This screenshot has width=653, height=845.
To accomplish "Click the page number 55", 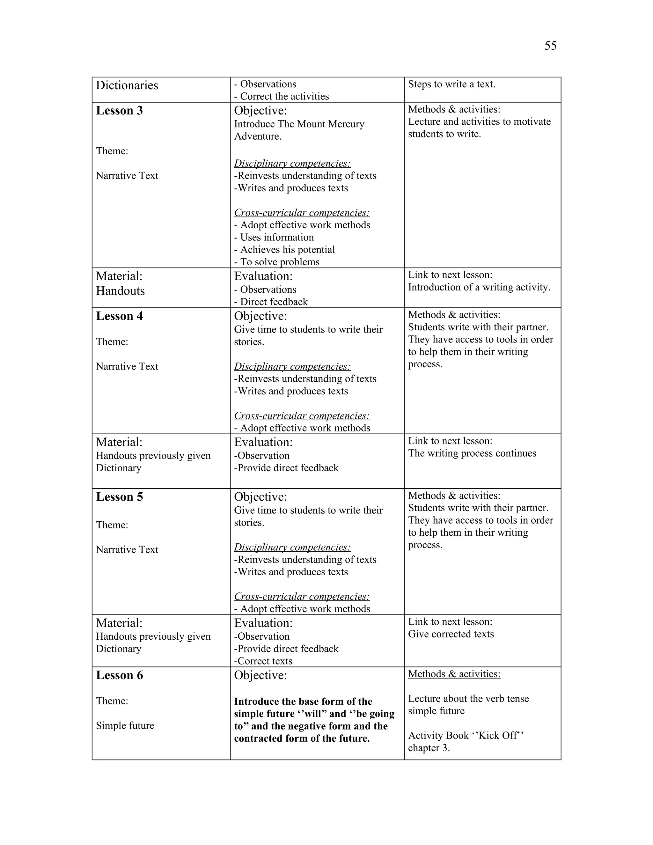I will click(550, 46).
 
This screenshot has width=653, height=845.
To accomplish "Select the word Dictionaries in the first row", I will click(127, 85).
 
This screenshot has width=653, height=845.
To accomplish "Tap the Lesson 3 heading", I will click(119, 111).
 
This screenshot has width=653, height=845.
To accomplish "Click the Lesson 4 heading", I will click(119, 316).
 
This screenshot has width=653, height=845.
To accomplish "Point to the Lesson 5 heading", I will click(119, 497).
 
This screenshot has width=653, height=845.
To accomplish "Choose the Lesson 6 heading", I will click(119, 675).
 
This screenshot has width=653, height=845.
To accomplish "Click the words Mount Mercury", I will click(330, 124).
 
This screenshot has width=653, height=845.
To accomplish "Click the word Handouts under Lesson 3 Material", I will click(120, 291).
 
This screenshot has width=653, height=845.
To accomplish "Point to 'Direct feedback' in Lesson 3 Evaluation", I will click(274, 302).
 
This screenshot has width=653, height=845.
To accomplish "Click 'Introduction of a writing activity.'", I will click(479, 287).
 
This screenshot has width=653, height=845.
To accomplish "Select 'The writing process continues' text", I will click(472, 453).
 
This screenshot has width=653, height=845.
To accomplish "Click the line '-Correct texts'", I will click(263, 661).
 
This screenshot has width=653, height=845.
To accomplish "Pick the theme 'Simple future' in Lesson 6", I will click(125, 725).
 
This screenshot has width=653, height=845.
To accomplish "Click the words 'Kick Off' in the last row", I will click(497, 736).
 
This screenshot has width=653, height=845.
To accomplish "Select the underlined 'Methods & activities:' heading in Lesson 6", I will click(454, 674).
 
